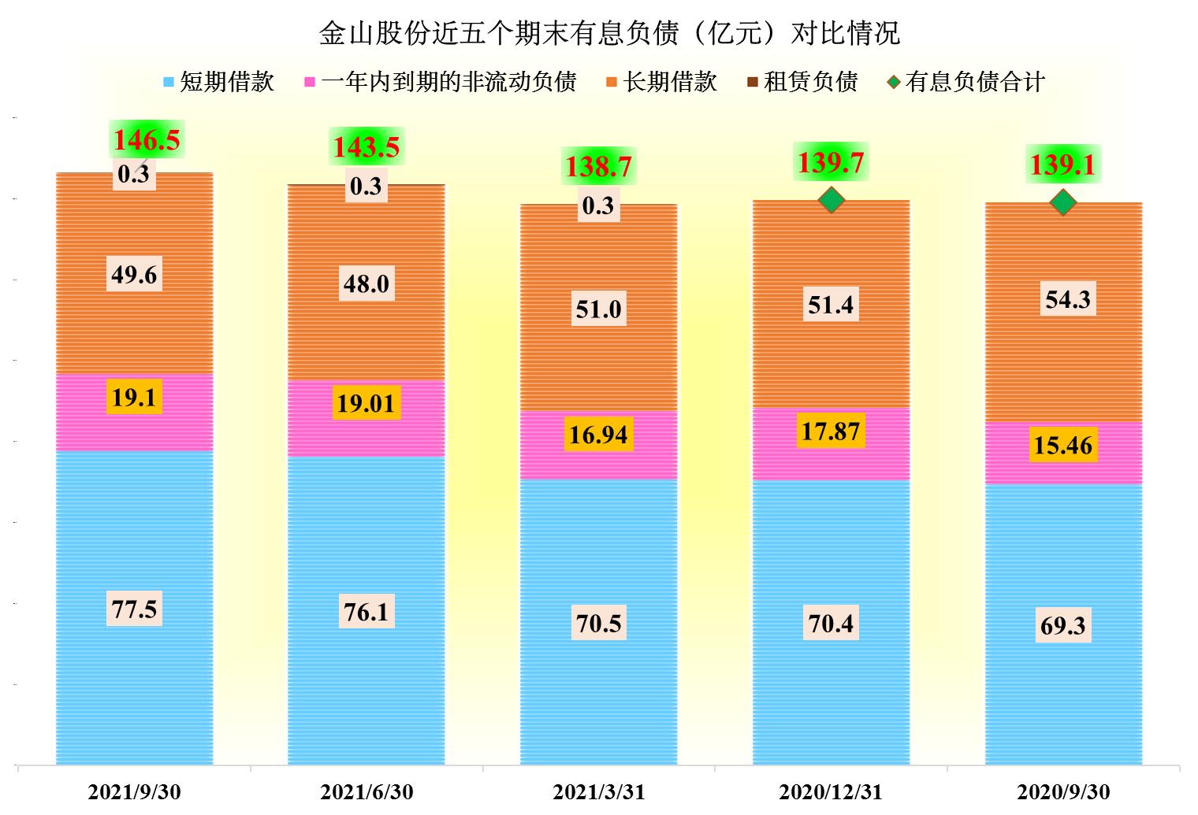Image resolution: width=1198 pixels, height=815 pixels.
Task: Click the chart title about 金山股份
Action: click(x=608, y=33)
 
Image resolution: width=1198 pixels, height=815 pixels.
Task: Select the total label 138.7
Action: click(x=599, y=167)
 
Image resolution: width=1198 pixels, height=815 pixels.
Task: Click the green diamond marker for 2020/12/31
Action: click(x=832, y=200)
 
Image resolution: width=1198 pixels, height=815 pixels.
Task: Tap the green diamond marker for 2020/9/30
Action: click(x=1063, y=202)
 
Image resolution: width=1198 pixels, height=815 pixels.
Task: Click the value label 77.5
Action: click(x=134, y=609)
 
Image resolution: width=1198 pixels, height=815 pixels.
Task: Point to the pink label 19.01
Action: click(x=366, y=403)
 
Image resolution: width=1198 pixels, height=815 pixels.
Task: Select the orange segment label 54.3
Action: click(x=1067, y=300)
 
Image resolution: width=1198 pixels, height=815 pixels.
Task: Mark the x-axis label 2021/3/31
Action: click(x=599, y=791)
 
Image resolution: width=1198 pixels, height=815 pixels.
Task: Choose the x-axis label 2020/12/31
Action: click(x=831, y=791)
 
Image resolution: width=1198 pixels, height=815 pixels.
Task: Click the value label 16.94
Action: click(x=598, y=434)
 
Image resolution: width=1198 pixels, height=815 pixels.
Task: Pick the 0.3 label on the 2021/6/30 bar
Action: click(x=366, y=187)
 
